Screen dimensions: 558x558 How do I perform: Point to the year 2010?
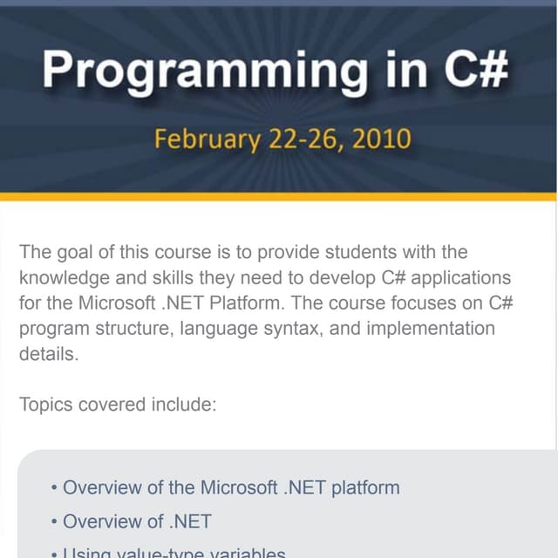(x=381, y=139)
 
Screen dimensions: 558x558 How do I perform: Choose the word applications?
(x=461, y=278)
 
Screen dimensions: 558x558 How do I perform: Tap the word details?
(x=49, y=354)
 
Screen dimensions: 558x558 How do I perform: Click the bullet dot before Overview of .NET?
(x=54, y=522)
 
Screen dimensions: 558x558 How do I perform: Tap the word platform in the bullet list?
(x=362, y=487)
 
